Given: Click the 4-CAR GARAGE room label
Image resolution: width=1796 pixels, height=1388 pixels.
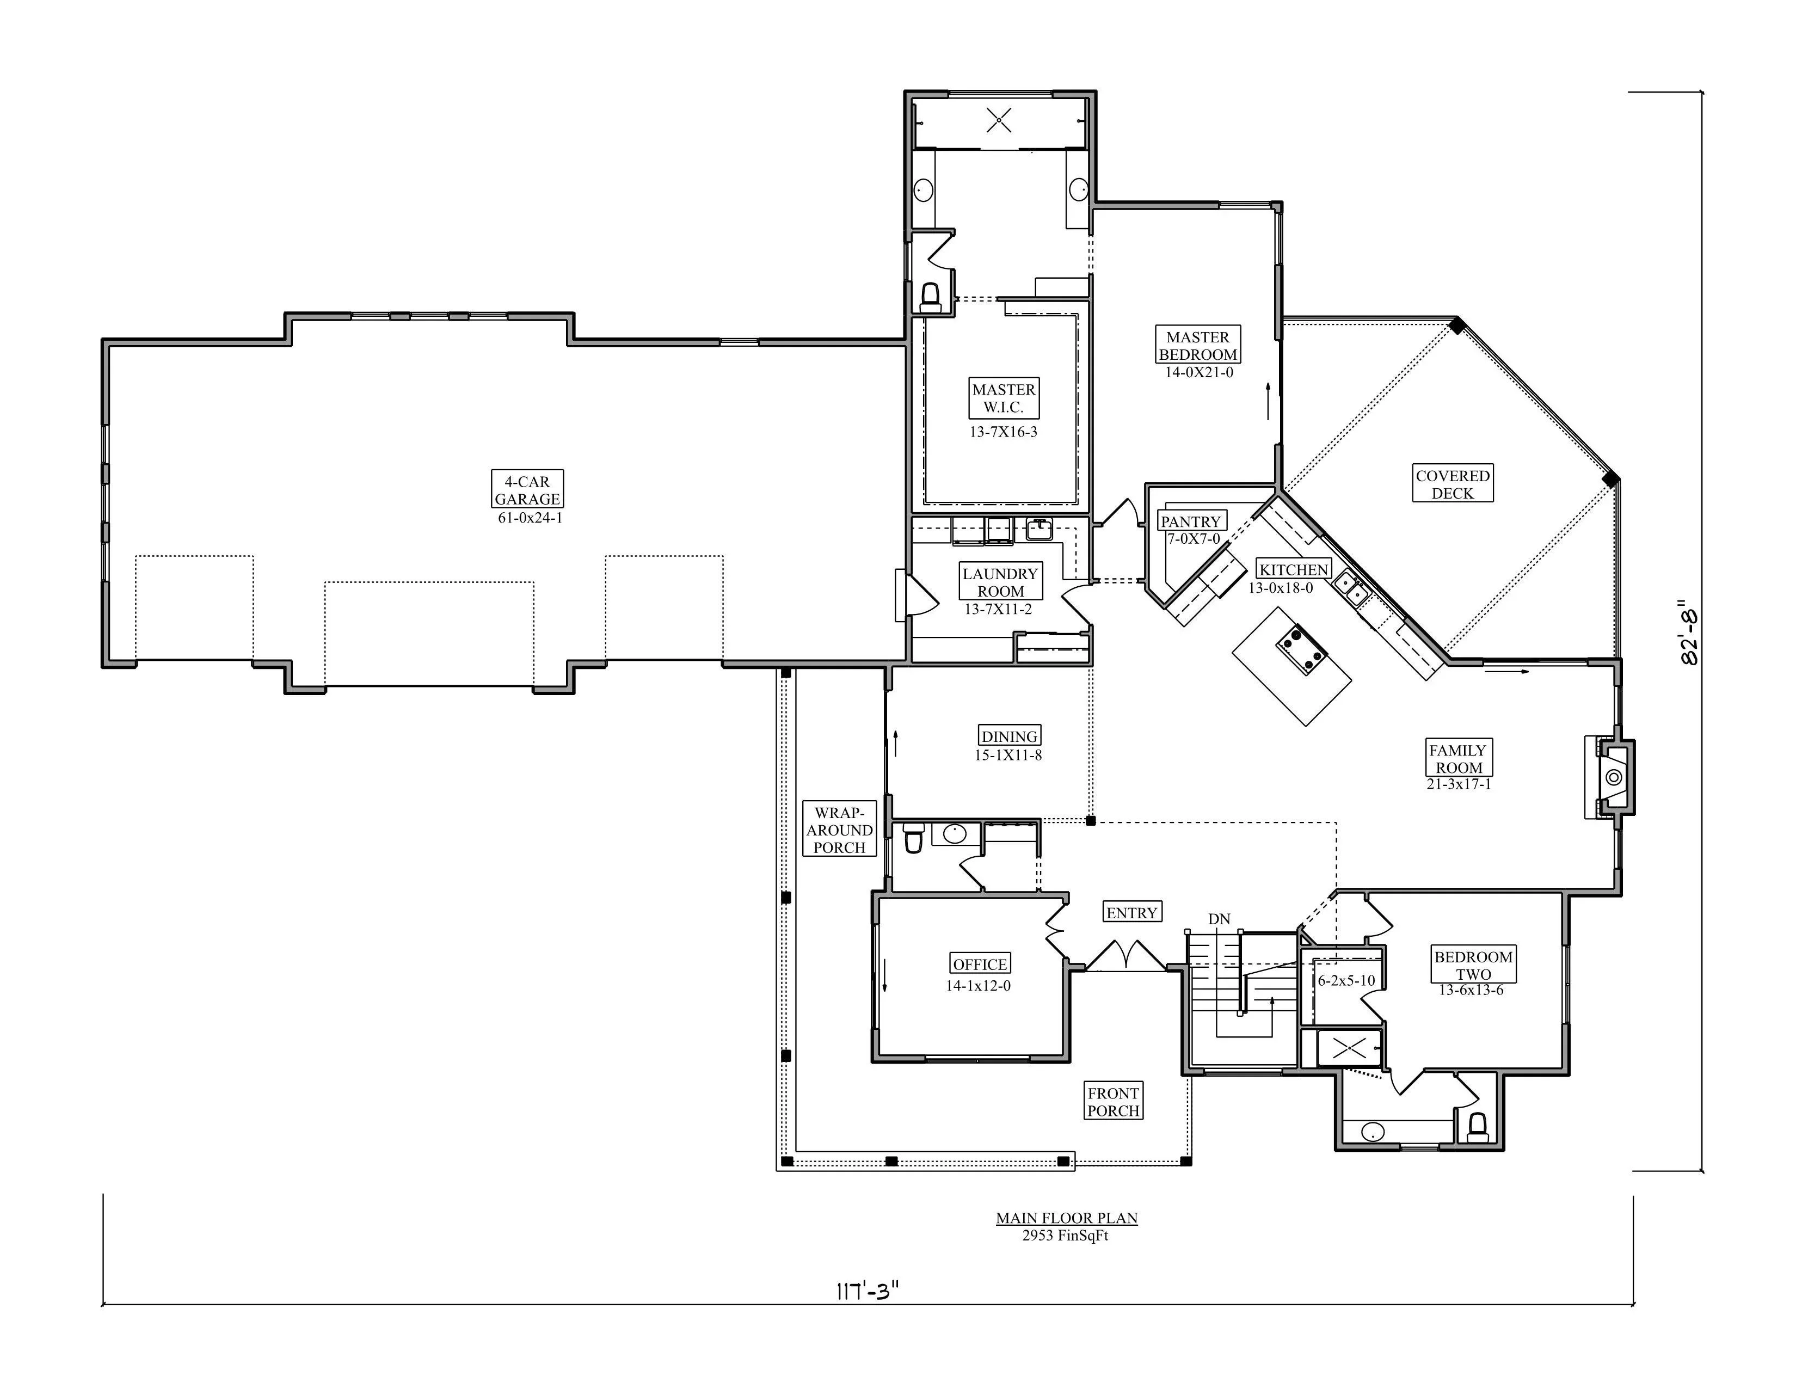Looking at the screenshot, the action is pyautogui.click(x=527, y=490).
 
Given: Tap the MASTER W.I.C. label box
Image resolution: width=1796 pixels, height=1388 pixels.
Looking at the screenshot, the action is pyautogui.click(x=1003, y=398).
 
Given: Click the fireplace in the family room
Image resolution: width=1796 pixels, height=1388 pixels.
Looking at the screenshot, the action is pyautogui.click(x=1613, y=778).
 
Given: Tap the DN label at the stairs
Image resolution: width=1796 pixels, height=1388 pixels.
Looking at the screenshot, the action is pyautogui.click(x=1220, y=918).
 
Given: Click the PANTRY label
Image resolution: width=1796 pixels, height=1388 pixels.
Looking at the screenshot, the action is pyautogui.click(x=1191, y=521).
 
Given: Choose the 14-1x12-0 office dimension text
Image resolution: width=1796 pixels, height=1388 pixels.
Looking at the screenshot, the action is pyautogui.click(x=978, y=985).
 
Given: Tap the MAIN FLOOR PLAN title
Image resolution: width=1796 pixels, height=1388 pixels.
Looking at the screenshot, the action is pyautogui.click(x=1067, y=1218).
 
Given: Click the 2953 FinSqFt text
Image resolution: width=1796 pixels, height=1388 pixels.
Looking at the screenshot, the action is pyautogui.click(x=1066, y=1235).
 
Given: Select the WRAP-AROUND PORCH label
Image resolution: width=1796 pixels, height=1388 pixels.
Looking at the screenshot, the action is pyautogui.click(x=840, y=830).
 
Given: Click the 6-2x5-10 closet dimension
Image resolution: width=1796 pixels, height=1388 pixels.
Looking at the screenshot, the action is pyautogui.click(x=1346, y=980).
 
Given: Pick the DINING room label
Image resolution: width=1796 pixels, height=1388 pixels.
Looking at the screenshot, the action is pyautogui.click(x=1009, y=736).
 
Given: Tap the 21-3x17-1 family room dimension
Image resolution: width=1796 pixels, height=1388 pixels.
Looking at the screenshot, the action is pyautogui.click(x=1459, y=784).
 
